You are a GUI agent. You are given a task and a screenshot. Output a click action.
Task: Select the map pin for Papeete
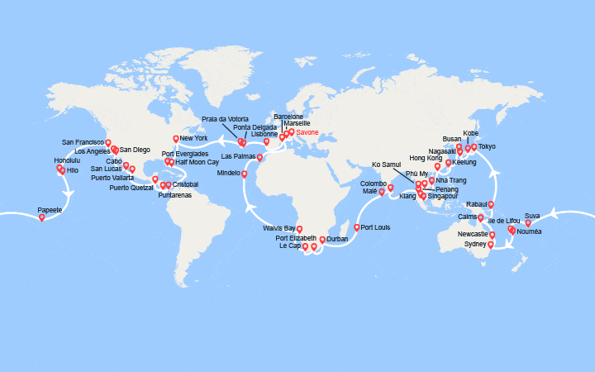pos(41,217)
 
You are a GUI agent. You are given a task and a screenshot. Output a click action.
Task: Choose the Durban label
pos(337,239)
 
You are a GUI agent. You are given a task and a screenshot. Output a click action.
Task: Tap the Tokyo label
pos(487,147)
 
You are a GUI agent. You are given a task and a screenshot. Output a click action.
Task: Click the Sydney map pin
pos(491,244)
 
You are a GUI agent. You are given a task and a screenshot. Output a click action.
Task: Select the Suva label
pos(532,216)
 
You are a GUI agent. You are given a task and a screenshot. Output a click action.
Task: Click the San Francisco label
pos(83,142)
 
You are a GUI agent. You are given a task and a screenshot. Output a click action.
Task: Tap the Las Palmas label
pos(238,156)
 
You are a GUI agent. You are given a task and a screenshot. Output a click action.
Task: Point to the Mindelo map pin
pos(244,174)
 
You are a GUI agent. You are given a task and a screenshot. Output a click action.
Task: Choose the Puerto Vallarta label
pos(112,178)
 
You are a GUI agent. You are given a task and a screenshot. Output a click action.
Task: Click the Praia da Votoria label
pos(220,118)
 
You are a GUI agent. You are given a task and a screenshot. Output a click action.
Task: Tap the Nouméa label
pos(530,231)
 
